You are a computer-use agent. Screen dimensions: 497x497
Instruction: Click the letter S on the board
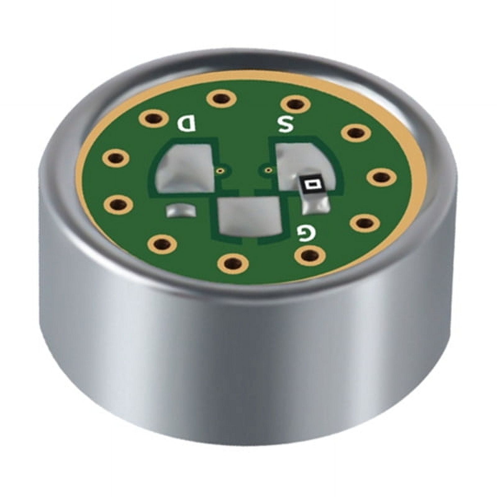pos(285,124)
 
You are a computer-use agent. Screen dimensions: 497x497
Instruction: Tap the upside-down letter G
pos(306,233)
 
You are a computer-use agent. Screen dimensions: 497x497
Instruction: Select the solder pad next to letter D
pos(185,169)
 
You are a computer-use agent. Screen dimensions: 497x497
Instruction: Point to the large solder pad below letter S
pos(303,165)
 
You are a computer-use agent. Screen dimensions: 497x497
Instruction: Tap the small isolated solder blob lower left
pos(180,210)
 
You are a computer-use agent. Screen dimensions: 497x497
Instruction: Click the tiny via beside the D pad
pos(220,171)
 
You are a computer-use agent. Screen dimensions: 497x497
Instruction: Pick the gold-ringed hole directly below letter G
pos(310,256)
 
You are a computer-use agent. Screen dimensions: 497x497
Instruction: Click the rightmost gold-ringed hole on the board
pos(381,177)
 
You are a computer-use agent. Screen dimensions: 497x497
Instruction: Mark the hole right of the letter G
pos(364,223)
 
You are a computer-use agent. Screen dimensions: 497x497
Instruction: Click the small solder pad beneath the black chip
pos(316,206)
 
